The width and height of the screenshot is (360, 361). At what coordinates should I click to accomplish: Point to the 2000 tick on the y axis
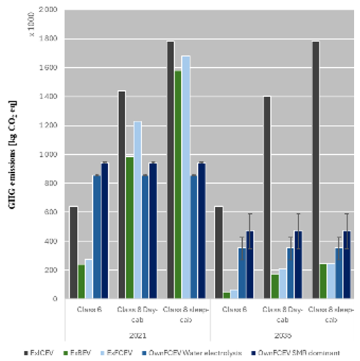pyautogui.click(x=49, y=10)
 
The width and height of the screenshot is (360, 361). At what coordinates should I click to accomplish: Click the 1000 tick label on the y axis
pyautogui.click(x=49, y=155)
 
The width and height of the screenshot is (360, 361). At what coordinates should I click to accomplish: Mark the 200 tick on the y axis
pyautogui.click(x=51, y=270)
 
